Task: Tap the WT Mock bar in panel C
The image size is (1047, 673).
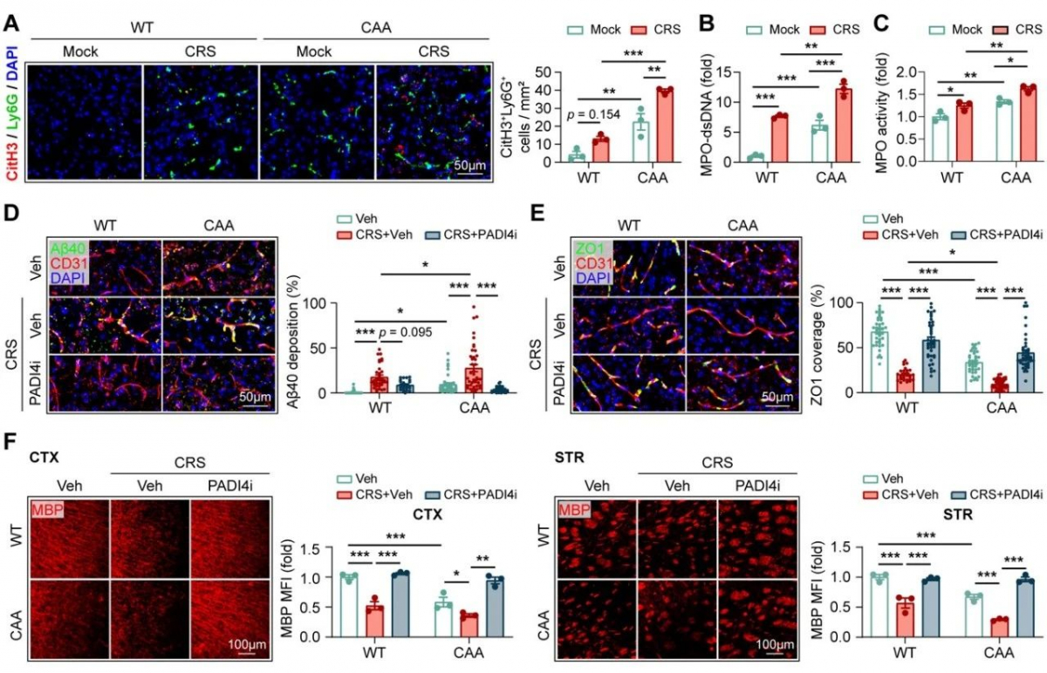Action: pyautogui.click(x=938, y=139)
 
